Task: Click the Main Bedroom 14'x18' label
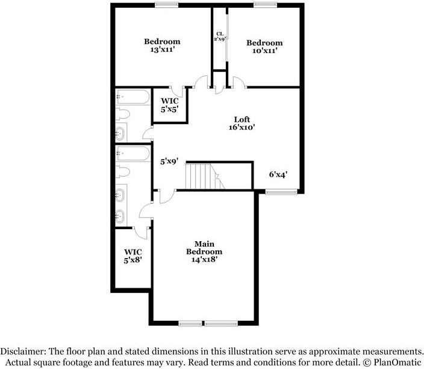[x=204, y=251]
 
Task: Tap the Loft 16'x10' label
[x=242, y=124]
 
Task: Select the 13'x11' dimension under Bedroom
[x=161, y=50]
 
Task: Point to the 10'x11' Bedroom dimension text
[x=264, y=52]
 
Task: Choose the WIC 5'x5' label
[x=169, y=105]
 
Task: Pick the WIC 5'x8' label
[x=132, y=256]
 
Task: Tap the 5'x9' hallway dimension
[x=169, y=162]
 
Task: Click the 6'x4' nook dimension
[x=278, y=174]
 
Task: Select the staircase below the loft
[x=201, y=176]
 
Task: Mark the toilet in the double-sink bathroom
[x=123, y=172]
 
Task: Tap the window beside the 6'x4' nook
[x=281, y=192]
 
